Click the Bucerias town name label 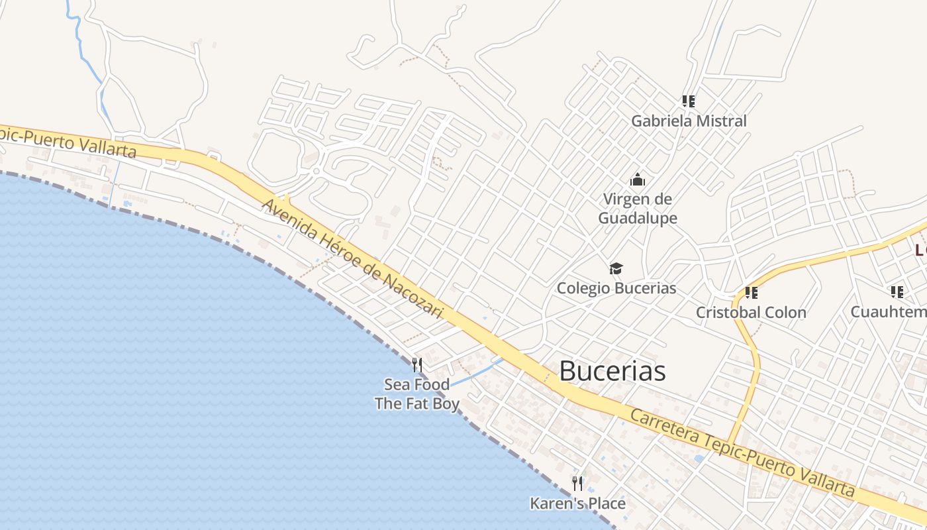pyautogui.click(x=612, y=371)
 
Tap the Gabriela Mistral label pyautogui.click(x=689, y=121)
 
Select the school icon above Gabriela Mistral pyautogui.click(x=689, y=101)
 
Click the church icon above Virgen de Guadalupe pyautogui.click(x=638, y=180)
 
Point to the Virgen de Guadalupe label pyautogui.click(x=638, y=209)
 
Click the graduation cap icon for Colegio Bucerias pyautogui.click(x=616, y=268)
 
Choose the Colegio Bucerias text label pyautogui.click(x=616, y=288)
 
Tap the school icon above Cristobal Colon pyautogui.click(x=751, y=292)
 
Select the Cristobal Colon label pyautogui.click(x=751, y=312)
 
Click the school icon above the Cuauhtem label pyautogui.click(x=897, y=291)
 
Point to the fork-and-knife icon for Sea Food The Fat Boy pyautogui.click(x=417, y=364)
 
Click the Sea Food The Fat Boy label pyautogui.click(x=417, y=394)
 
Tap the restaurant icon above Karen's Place pyautogui.click(x=577, y=484)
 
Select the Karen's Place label pyautogui.click(x=577, y=503)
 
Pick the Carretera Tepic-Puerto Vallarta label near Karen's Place pyautogui.click(x=742, y=454)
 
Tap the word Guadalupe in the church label pyautogui.click(x=638, y=218)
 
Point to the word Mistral pyautogui.click(x=722, y=121)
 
